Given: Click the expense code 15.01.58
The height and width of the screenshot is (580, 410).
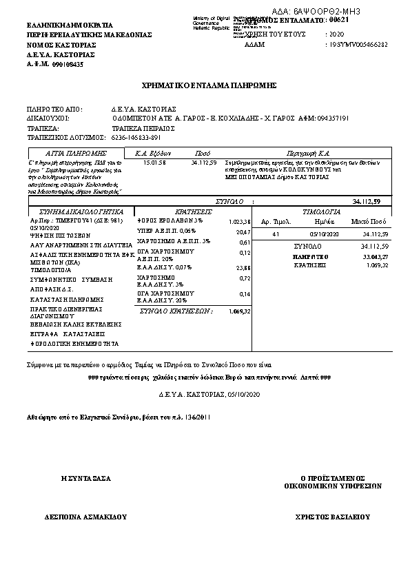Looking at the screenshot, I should (x=154, y=163).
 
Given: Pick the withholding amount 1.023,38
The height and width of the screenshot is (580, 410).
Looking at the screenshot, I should (x=238, y=222).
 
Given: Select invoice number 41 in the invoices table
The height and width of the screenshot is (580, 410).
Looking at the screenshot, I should (x=275, y=234).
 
